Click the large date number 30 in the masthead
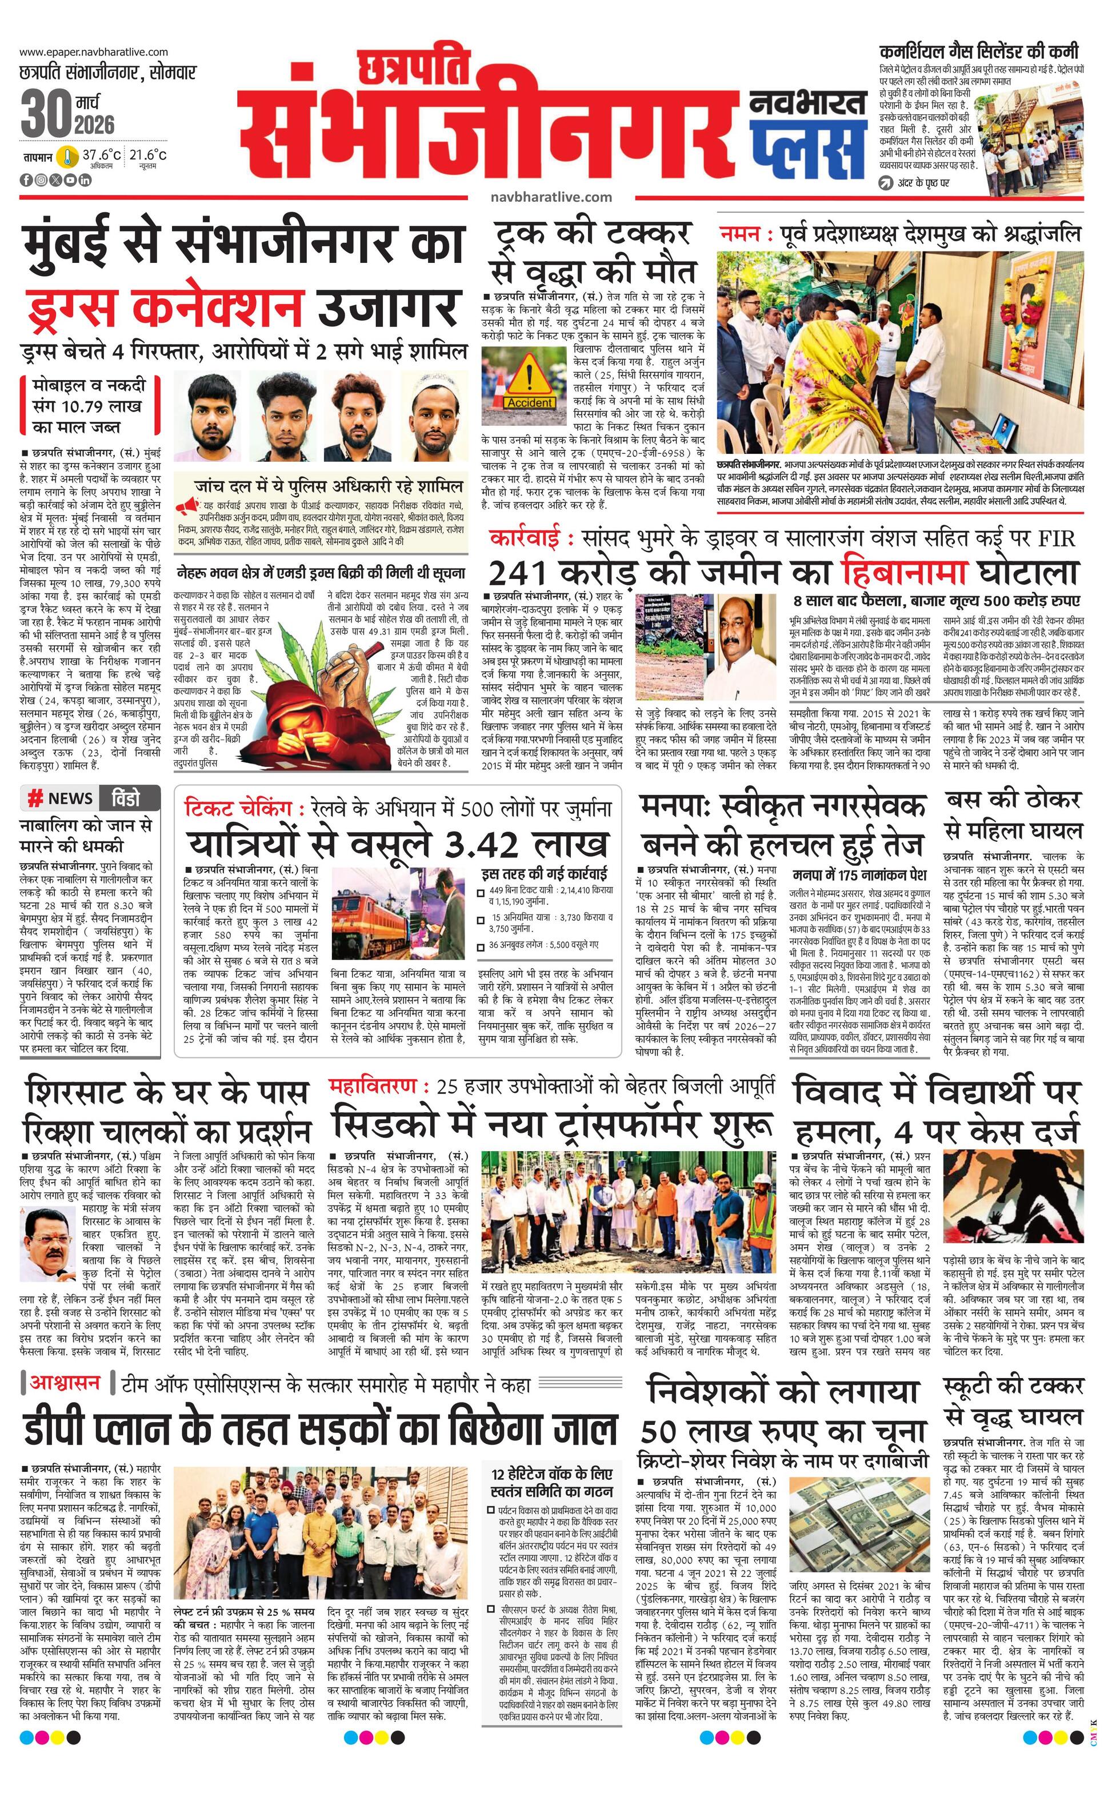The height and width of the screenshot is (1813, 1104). (x=46, y=113)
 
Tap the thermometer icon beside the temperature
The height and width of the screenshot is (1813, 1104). (x=67, y=157)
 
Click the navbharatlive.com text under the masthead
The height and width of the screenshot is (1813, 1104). (x=551, y=197)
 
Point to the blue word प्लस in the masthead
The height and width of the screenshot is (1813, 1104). (x=807, y=149)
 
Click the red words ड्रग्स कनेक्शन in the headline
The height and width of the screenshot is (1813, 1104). (x=165, y=307)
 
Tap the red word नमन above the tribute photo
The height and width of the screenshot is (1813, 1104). (x=741, y=234)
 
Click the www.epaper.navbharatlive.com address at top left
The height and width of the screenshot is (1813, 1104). (x=93, y=52)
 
